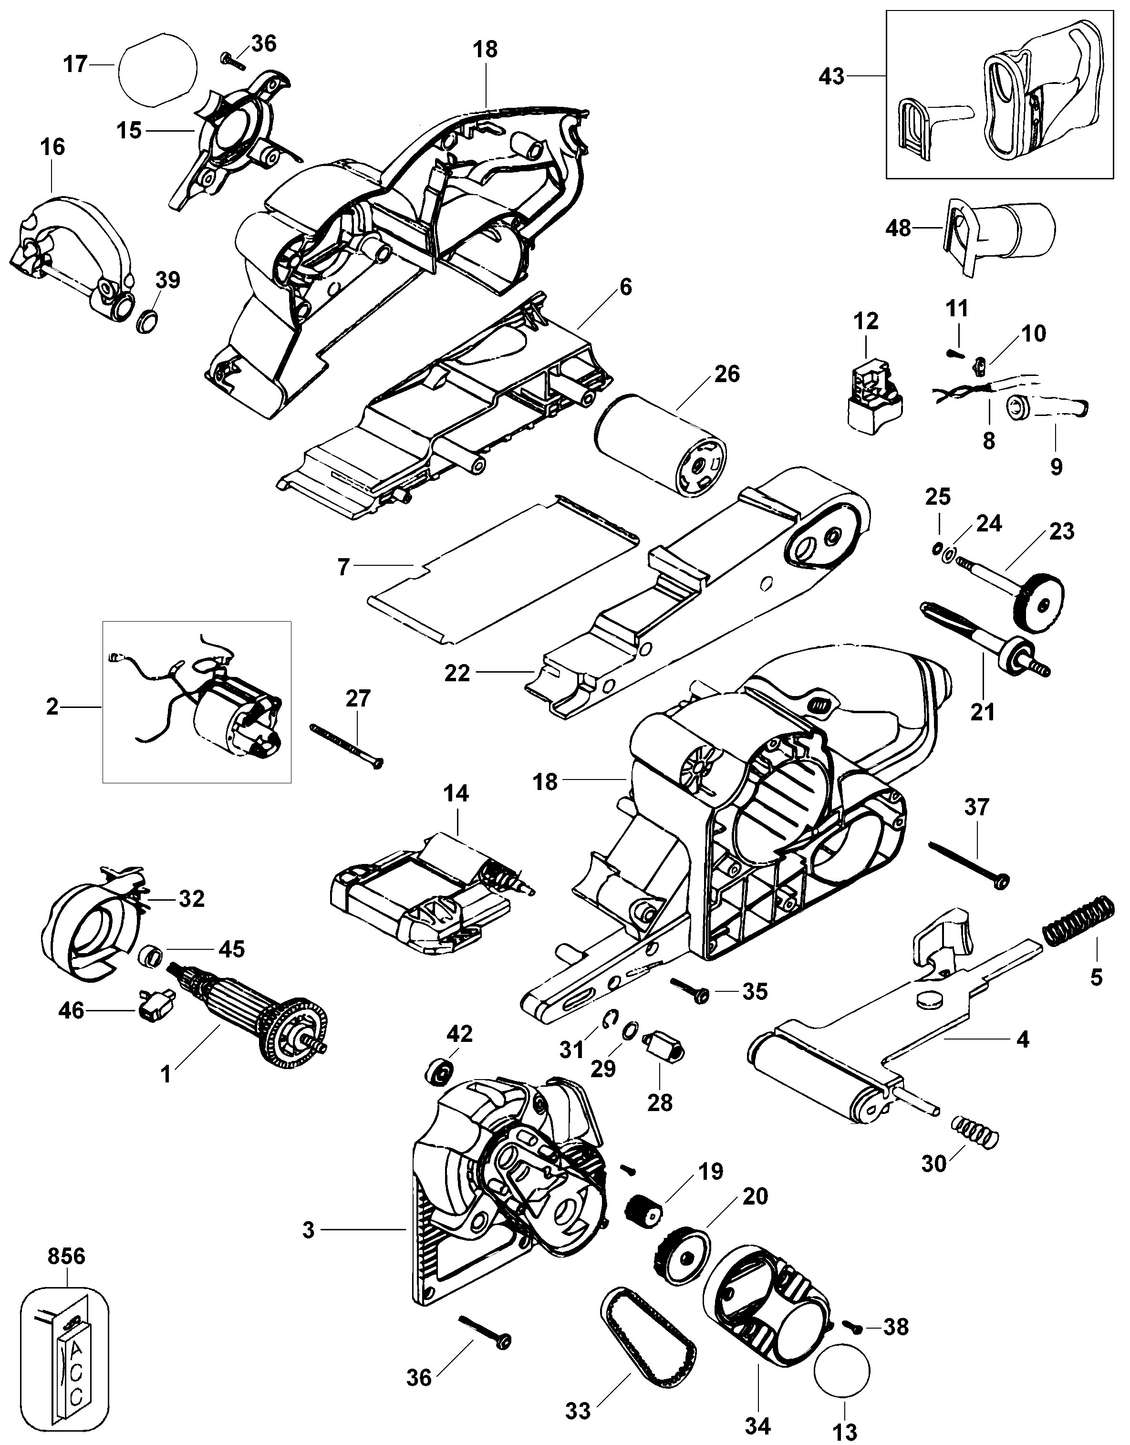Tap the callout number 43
830,77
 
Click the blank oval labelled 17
157,70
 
